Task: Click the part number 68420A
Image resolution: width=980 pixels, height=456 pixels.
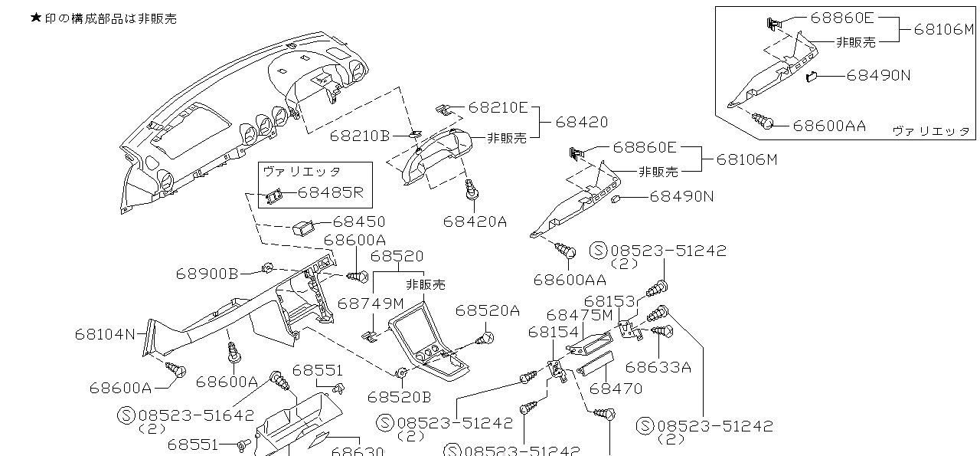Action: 475,221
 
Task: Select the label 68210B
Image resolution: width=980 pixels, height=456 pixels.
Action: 360,136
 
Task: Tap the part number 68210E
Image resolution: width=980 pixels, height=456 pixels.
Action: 498,108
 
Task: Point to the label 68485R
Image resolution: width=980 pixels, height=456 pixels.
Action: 330,192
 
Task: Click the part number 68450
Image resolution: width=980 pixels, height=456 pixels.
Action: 359,221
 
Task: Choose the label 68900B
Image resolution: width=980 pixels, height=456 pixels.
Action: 207,273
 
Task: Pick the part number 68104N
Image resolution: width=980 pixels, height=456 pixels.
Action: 105,333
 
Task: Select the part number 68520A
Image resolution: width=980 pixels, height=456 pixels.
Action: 487,310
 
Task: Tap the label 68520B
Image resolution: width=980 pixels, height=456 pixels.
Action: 399,396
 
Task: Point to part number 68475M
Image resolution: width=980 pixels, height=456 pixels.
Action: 580,315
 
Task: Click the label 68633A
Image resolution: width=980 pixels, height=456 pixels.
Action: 658,367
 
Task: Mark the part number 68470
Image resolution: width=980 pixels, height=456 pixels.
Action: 616,389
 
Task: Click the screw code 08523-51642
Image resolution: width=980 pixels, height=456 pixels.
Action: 196,415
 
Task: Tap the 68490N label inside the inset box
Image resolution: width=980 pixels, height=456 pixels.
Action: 878,75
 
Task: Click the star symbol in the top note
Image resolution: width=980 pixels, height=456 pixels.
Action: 35,18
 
